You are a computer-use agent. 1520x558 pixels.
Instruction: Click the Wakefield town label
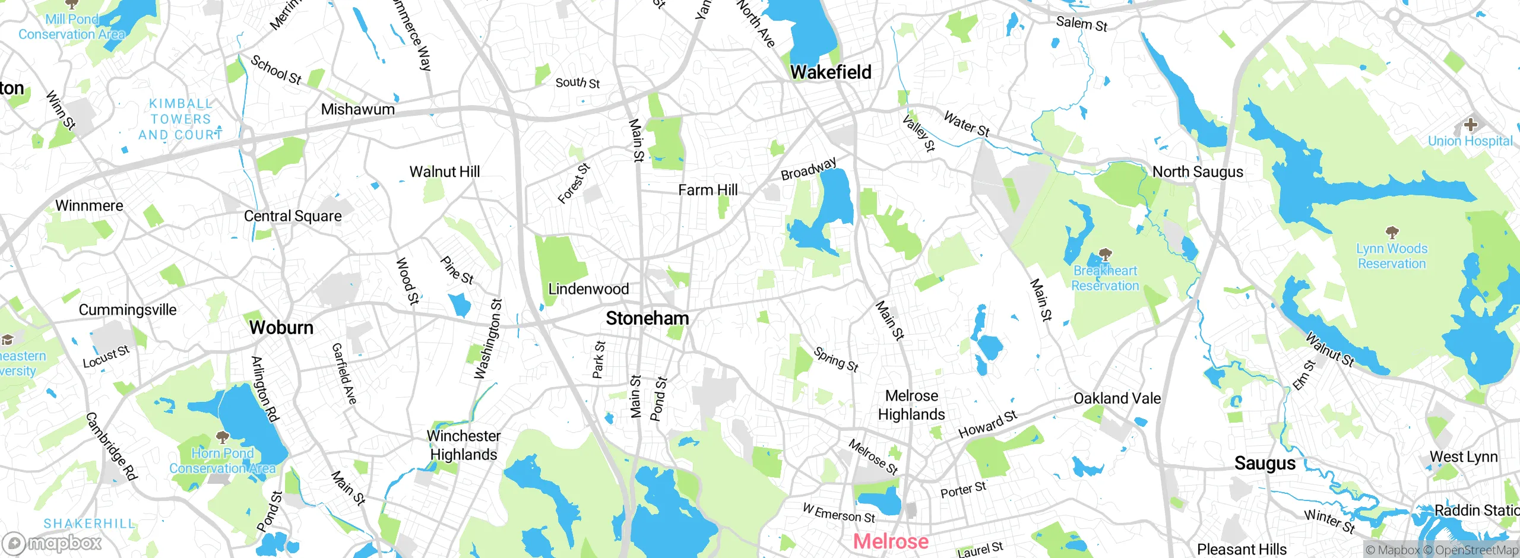click(x=831, y=72)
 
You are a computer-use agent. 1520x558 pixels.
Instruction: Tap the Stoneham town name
click(x=647, y=318)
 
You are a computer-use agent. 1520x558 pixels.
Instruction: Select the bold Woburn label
click(x=281, y=327)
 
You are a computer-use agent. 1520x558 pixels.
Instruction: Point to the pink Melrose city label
click(x=891, y=541)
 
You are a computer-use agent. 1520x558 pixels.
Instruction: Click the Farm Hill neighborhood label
click(x=708, y=190)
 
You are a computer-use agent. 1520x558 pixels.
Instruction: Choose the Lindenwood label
click(x=588, y=289)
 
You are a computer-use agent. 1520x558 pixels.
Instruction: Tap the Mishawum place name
click(x=357, y=109)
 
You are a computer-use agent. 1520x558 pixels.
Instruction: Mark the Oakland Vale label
click(x=1117, y=398)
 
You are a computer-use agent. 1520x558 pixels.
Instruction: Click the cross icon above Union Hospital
click(x=1470, y=125)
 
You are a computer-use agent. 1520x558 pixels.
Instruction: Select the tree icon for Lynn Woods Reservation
click(x=1392, y=232)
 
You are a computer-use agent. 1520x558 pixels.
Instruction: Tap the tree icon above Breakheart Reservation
click(x=1105, y=255)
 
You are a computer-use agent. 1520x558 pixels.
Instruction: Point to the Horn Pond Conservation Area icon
click(x=223, y=437)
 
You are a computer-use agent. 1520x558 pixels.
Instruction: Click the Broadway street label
click(x=808, y=169)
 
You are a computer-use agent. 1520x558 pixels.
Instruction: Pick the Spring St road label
click(x=836, y=359)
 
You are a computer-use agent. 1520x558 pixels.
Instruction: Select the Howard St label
click(x=987, y=424)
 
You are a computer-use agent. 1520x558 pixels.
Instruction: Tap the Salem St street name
click(x=1081, y=24)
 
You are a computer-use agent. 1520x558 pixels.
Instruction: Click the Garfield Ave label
click(x=344, y=374)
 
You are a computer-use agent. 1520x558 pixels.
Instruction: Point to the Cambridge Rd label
click(x=112, y=446)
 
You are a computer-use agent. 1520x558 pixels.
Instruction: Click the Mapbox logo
click(x=52, y=543)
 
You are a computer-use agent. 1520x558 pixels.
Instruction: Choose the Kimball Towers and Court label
click(x=180, y=119)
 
